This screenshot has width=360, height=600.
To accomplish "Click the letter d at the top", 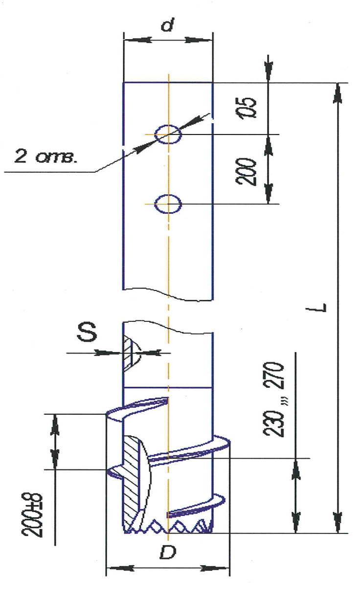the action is click(167, 24).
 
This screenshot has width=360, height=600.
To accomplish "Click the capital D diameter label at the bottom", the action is click(168, 552).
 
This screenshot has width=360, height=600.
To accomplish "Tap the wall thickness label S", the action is click(87, 332).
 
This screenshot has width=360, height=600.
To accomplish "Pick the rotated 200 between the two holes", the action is click(246, 172).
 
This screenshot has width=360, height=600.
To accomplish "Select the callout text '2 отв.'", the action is click(45, 156).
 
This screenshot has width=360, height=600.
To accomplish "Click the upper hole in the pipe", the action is click(168, 134).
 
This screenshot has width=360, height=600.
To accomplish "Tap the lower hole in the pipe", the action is click(168, 204).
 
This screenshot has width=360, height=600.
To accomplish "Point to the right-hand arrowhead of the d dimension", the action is click(199, 40).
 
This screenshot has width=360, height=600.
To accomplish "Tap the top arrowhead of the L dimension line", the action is click(338, 93).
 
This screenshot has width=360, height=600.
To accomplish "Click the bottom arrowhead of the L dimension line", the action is click(338, 522).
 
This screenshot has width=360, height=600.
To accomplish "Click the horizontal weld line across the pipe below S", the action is click(168, 387).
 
